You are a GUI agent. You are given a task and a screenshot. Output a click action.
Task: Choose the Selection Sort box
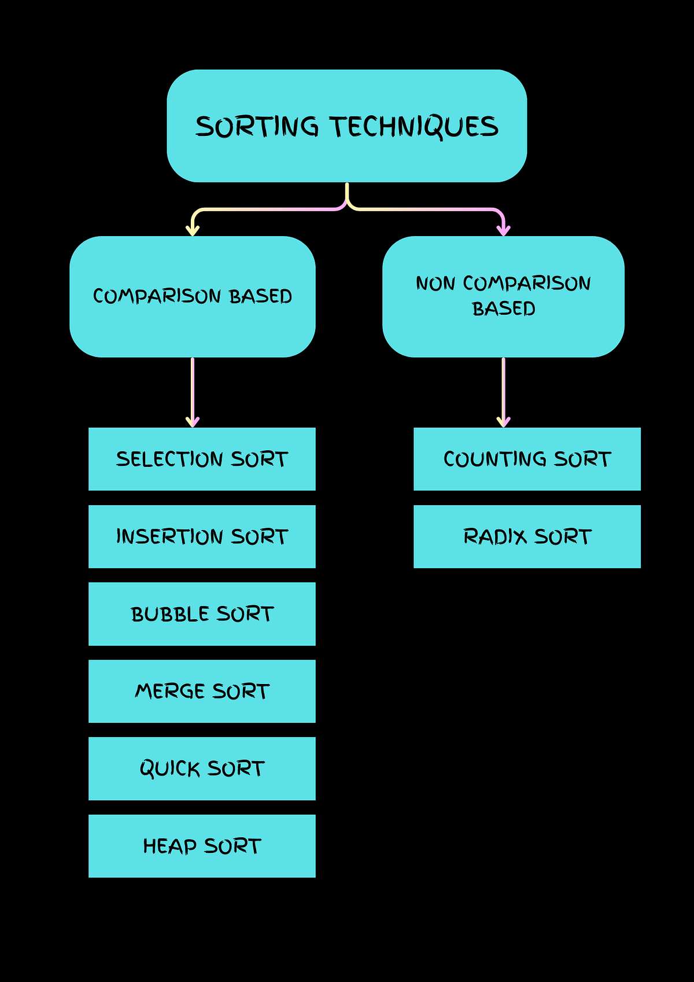202,459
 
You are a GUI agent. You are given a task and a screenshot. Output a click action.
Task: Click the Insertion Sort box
202,536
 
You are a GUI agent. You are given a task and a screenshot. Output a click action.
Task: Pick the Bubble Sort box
202,614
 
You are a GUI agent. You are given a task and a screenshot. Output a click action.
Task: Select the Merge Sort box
202,691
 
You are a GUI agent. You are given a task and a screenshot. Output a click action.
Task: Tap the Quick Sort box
202,768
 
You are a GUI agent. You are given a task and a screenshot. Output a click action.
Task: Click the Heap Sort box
202,846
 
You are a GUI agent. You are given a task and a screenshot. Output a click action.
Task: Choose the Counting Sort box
527,459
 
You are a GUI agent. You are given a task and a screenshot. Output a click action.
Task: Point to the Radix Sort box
527,536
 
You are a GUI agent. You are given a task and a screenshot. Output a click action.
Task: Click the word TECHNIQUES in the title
414,127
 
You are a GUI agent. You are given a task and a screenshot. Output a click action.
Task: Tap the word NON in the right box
435,284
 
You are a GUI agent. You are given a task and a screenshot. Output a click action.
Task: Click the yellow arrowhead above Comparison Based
193,230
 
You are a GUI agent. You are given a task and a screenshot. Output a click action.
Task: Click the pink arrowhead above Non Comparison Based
504,230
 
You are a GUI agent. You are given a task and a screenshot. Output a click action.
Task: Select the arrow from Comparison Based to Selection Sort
193,391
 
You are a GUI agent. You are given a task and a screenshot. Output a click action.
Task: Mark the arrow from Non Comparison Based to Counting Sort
504,391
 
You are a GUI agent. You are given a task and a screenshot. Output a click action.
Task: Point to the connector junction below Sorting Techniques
347,203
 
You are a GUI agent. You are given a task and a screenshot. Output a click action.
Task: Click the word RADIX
495,536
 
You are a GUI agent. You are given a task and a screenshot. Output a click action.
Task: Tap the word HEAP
170,846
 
